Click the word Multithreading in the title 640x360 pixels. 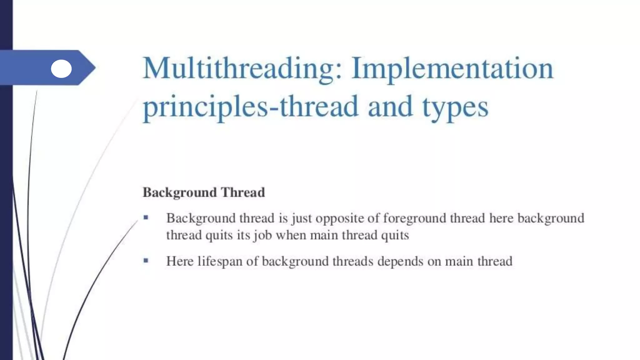[x=242, y=69]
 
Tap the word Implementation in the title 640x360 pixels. [x=452, y=69]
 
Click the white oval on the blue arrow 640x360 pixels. [x=61, y=69]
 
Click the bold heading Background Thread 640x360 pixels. [x=204, y=192]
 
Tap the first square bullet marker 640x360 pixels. [x=146, y=217]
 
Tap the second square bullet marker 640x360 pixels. [x=146, y=260]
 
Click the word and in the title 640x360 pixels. [x=390, y=107]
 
